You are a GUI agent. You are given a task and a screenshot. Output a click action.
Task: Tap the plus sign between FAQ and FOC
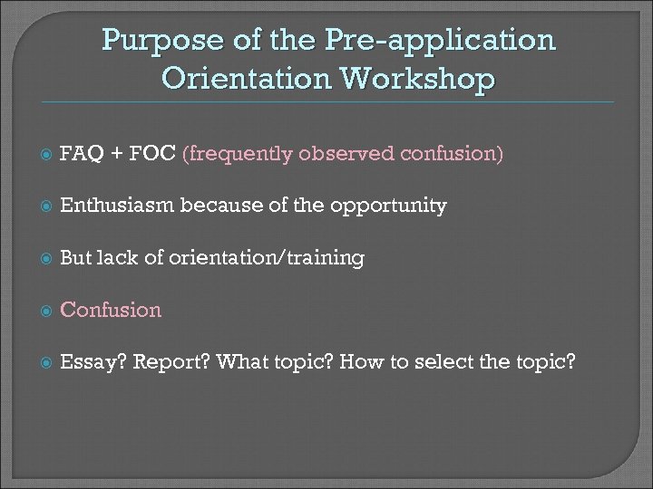pos(117,154)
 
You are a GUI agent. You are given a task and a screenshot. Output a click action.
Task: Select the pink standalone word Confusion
pos(110,311)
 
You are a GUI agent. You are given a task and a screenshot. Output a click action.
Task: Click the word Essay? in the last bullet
pos(92,364)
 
